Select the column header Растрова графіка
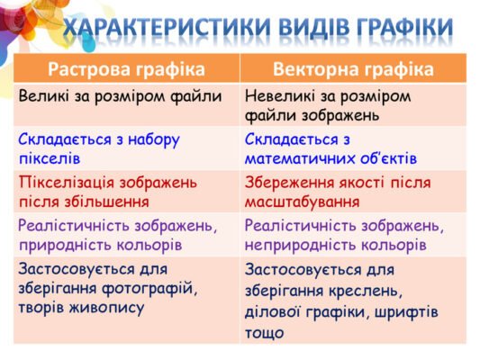[x=126, y=69]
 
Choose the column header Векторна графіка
[x=353, y=69]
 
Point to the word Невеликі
[x=280, y=95]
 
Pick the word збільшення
[x=102, y=202]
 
